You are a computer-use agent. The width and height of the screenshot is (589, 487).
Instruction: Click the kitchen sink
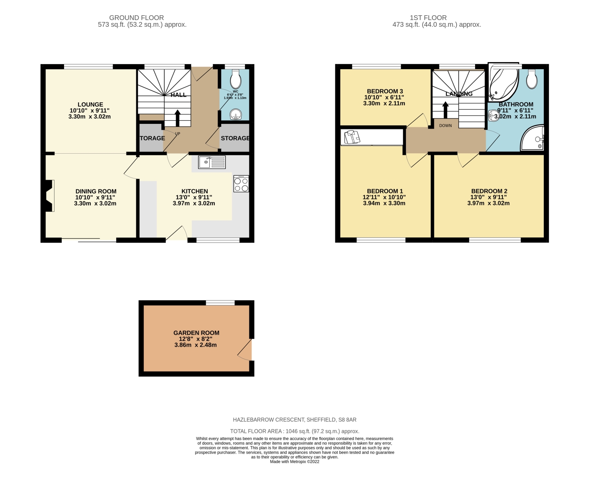click(212, 162)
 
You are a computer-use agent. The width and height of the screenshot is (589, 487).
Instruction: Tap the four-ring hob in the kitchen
click(241, 184)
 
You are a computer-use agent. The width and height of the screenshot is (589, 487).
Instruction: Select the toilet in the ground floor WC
click(236, 79)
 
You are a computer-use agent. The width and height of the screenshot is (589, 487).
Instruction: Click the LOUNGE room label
click(90, 105)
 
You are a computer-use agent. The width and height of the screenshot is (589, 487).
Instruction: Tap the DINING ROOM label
click(96, 191)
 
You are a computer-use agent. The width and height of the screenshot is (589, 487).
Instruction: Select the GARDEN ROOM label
click(196, 333)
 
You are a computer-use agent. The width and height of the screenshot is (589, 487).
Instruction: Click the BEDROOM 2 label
click(489, 191)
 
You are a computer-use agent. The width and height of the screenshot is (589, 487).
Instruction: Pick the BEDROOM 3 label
click(385, 91)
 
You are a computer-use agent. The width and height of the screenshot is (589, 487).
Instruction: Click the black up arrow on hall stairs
click(177, 118)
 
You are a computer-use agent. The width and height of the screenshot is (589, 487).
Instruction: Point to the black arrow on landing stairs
click(445, 110)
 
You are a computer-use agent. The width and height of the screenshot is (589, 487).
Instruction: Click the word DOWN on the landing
click(445, 126)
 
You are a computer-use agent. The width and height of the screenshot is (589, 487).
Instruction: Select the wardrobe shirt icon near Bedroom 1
click(352, 138)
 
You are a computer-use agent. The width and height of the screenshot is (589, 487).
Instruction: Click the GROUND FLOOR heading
click(136, 18)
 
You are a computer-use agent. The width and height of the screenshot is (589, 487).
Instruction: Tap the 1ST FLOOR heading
click(428, 18)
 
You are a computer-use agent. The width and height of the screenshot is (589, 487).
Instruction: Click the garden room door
click(246, 350)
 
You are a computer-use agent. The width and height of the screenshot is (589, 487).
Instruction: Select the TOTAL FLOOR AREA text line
click(294, 431)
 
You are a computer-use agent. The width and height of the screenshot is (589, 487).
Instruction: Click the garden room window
click(220, 303)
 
